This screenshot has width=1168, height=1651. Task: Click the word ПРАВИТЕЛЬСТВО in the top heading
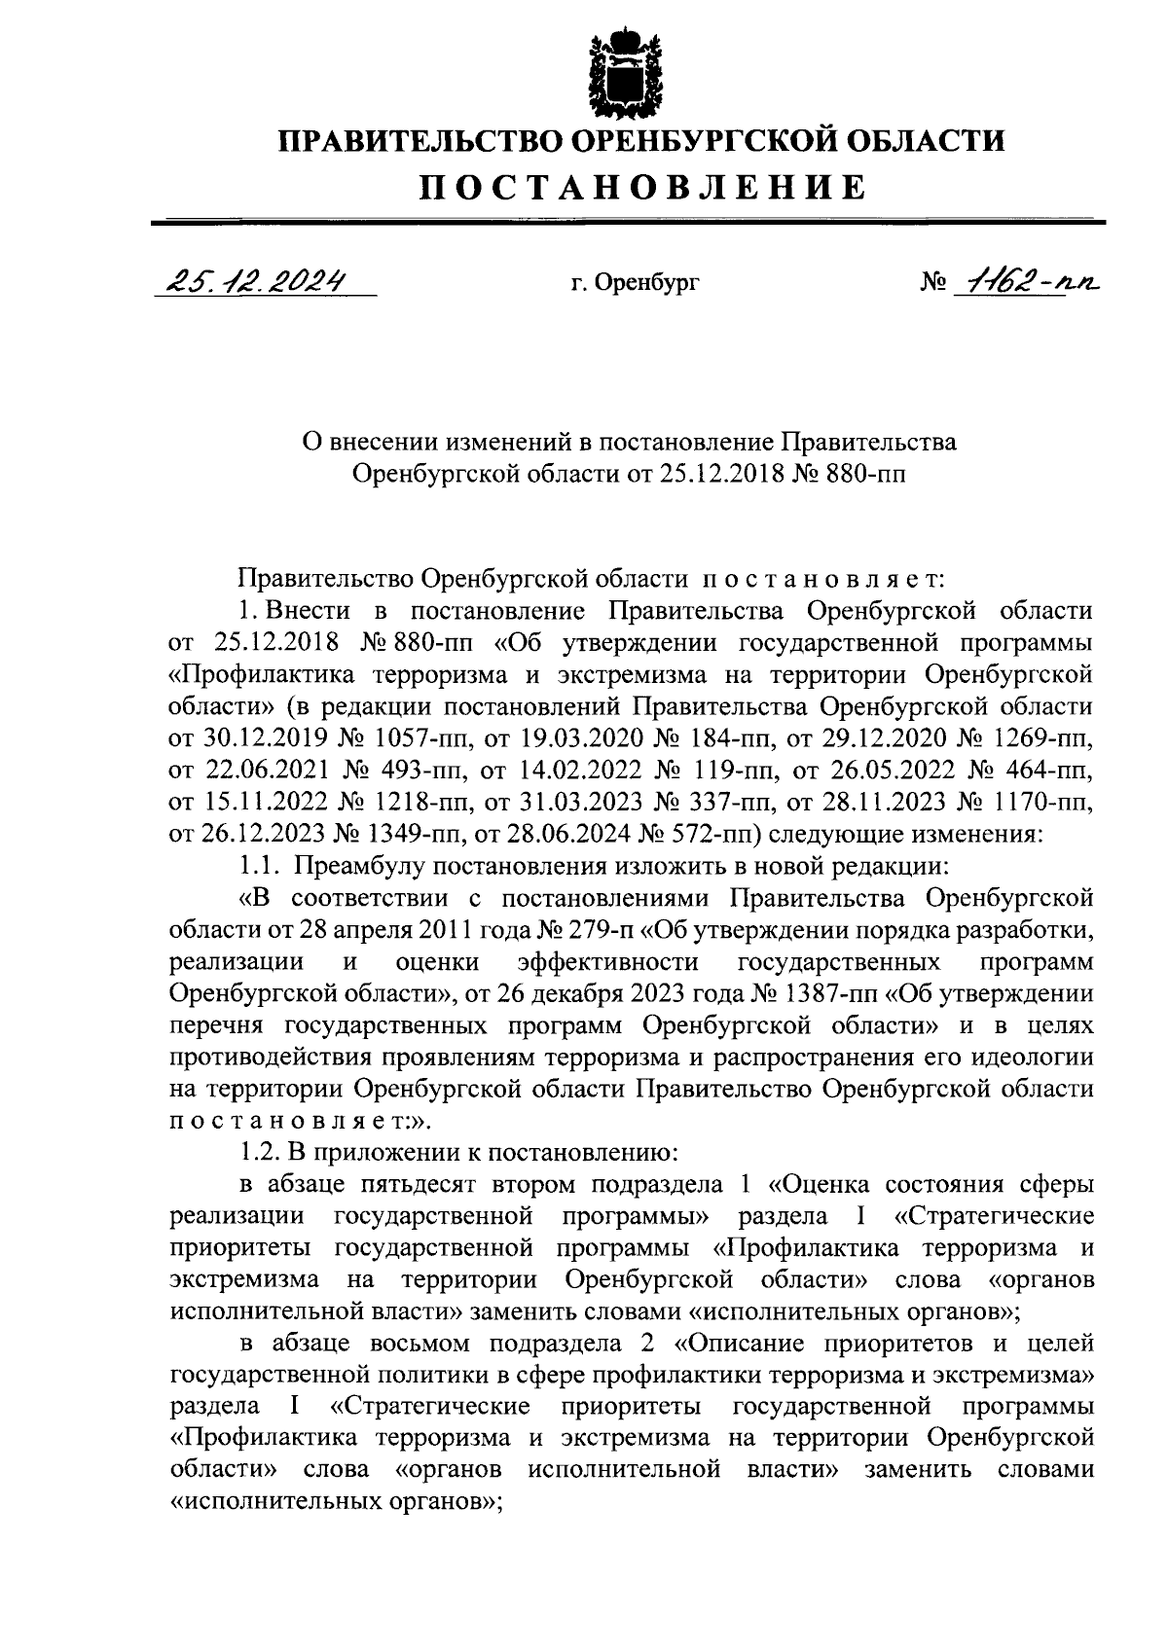pyautogui.click(x=419, y=141)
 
